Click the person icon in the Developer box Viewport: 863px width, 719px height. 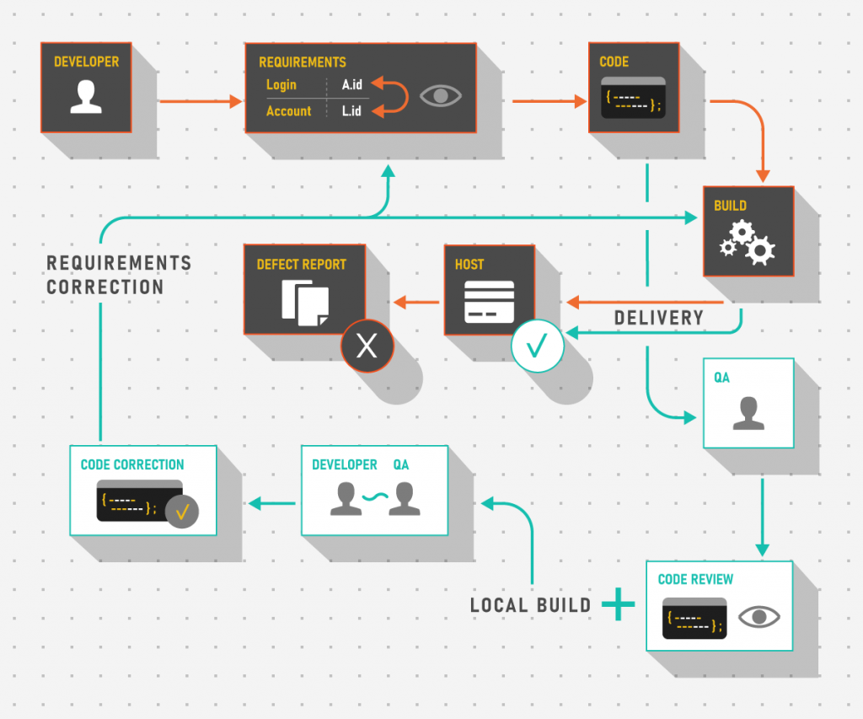86,96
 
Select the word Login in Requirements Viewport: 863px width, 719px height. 281,84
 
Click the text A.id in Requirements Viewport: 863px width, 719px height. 351,84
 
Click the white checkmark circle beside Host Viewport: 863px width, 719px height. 538,346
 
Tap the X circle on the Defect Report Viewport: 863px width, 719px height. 367,346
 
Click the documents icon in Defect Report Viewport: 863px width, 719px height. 305,303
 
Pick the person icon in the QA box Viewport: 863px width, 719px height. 748,413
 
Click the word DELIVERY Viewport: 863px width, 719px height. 658,318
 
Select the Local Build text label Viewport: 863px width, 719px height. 530,605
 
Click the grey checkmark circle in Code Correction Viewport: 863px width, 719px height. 181,512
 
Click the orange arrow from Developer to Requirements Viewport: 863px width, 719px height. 200,101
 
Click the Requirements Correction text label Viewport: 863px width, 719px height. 118,275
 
